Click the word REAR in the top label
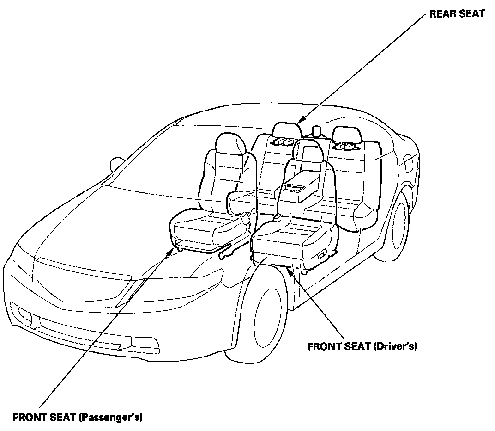pos(441,14)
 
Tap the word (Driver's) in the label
pos(395,346)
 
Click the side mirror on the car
pos(116,164)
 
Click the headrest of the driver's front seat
pos(307,150)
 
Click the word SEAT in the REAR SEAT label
pos(470,14)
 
